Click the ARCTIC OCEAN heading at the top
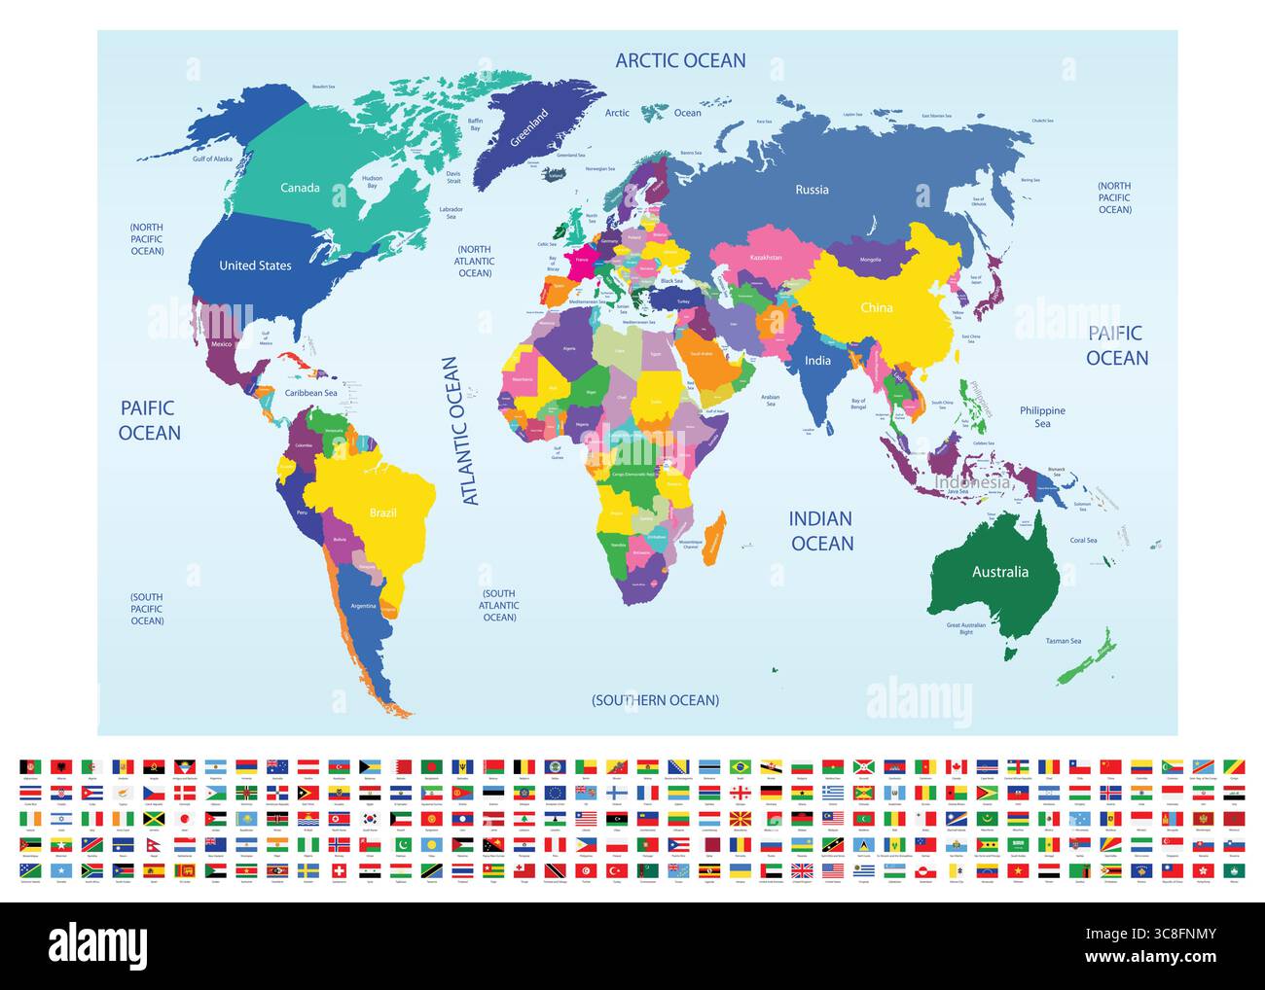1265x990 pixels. pyautogui.click(x=680, y=60)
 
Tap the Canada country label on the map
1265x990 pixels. pyautogui.click(x=300, y=188)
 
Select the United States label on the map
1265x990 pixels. pyautogui.click(x=255, y=265)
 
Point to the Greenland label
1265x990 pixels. pyautogui.click(x=530, y=127)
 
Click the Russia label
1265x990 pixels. pyautogui.click(x=812, y=190)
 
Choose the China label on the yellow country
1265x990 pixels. pyautogui.click(x=876, y=308)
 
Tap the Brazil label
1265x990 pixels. pyautogui.click(x=382, y=513)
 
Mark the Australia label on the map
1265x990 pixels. pyautogui.click(x=999, y=572)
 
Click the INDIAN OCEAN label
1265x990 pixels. pyautogui.click(x=821, y=531)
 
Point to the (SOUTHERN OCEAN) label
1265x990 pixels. pyautogui.click(x=656, y=700)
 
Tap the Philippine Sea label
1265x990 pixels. pyautogui.click(x=1042, y=417)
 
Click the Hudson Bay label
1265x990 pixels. pyautogui.click(x=371, y=182)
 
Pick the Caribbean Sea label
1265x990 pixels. pyautogui.click(x=310, y=394)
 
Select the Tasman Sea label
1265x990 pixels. pyautogui.click(x=1063, y=641)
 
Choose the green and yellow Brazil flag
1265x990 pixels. pyautogui.click(x=741, y=766)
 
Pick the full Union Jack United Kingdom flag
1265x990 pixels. pyautogui.click(x=801, y=869)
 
